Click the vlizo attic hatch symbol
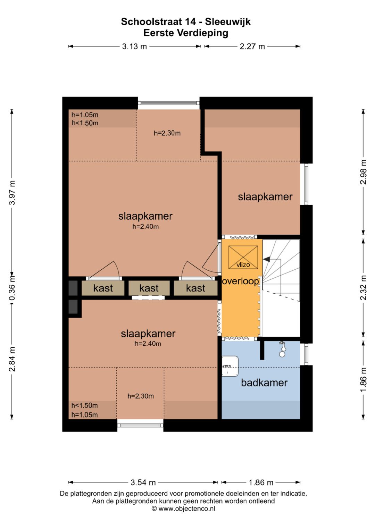pyautogui.click(x=243, y=258)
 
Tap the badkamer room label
pyautogui.click(x=264, y=383)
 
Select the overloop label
pyautogui.click(x=240, y=281)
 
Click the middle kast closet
pyautogui.click(x=149, y=288)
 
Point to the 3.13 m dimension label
pyautogui.click(x=134, y=47)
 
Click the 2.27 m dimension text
pyautogui.click(x=252, y=47)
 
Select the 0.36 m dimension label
pyautogui.click(x=12, y=287)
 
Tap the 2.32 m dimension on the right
pyautogui.click(x=364, y=288)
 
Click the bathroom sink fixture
pyautogui.click(x=230, y=366)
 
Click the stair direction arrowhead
pyautogui.click(x=266, y=259)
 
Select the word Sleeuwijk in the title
pyautogui.click(x=228, y=22)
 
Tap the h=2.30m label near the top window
pyautogui.click(x=167, y=133)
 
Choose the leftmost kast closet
pyautogui.click(x=103, y=288)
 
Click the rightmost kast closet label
pyautogui.click(x=195, y=288)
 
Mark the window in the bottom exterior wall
pyautogui.click(x=140, y=426)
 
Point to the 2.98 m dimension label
pyautogui.click(x=364, y=172)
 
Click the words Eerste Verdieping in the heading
pyautogui.click(x=186, y=33)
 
